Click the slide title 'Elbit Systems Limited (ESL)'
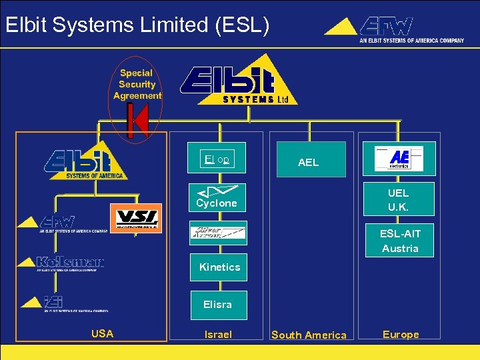137,25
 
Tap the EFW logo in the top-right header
393,29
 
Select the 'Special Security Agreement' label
137,84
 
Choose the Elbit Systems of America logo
85,163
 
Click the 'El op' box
217,159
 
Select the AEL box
308,160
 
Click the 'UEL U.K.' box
398,200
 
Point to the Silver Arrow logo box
218,233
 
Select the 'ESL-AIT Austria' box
400,240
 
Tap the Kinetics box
219,267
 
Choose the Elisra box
218,305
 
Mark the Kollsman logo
61,262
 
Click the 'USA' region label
102,334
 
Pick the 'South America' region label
309,335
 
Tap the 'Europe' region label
401,335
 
